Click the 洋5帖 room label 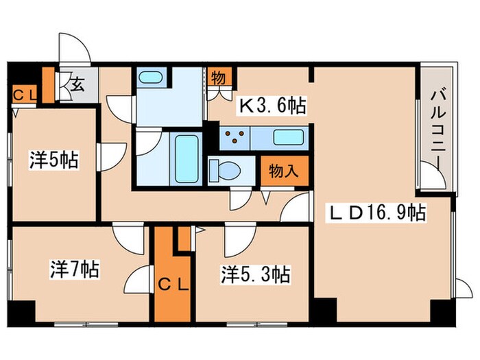pos(53,160)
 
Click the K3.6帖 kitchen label pos(272,106)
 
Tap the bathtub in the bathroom pos(186,157)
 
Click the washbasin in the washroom pos(149,77)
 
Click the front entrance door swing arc pos(73,47)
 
